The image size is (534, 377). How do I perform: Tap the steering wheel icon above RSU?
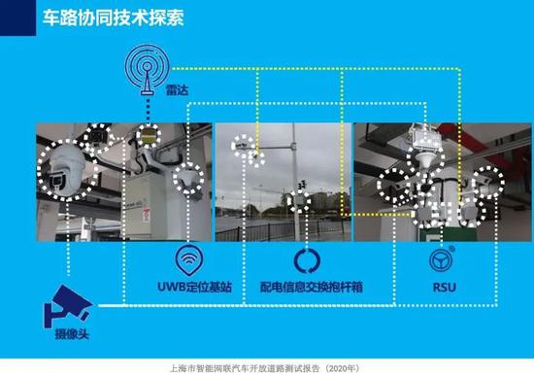pyautogui.click(x=442, y=260)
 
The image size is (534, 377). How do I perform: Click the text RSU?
pyautogui.click(x=443, y=288)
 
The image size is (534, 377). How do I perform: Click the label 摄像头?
pyautogui.click(x=62, y=337)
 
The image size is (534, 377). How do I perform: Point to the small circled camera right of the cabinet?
pyautogui.click(x=185, y=178)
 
